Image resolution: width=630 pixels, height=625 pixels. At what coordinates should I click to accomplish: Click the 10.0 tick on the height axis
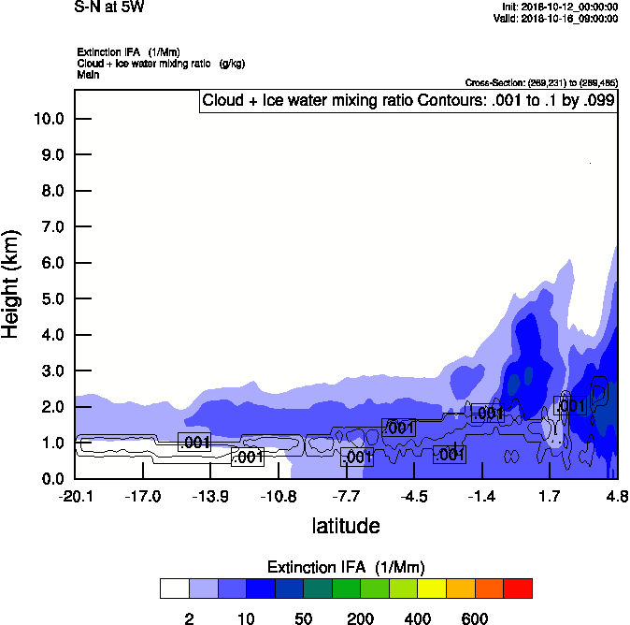coord(48,119)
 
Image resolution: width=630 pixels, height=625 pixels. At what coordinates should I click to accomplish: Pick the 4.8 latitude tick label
coord(617,496)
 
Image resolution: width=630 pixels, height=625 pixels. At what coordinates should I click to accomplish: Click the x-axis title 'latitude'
coord(346,526)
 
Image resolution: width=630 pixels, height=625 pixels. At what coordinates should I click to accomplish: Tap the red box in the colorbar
coord(519,589)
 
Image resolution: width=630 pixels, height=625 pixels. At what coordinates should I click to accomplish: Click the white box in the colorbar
coord(174,589)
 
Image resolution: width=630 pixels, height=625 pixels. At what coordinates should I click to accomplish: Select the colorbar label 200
coord(361,618)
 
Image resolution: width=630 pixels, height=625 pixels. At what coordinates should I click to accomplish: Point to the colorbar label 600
coord(475,618)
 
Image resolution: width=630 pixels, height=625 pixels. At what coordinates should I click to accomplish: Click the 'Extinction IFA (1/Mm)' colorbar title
coord(346,567)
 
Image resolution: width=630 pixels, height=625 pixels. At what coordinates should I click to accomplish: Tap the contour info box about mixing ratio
coord(408,101)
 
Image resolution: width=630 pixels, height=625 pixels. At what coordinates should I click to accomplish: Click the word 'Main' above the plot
coord(89,74)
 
